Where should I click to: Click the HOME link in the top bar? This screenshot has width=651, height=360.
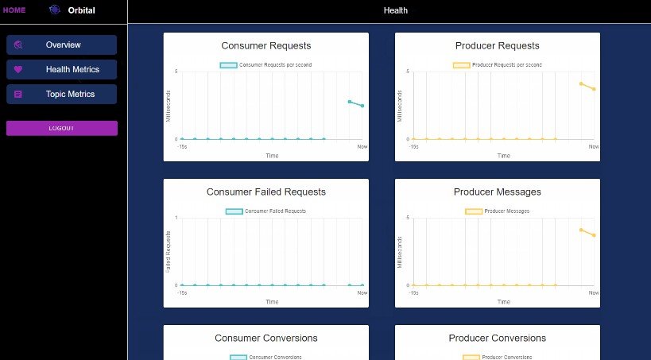[14, 10]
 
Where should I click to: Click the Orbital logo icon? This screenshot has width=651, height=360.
[55, 10]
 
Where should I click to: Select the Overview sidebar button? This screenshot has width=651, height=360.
[62, 45]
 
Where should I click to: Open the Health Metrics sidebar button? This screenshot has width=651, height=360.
[62, 70]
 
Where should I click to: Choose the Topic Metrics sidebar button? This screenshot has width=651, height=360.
[62, 95]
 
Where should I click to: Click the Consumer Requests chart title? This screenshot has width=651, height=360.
[266, 46]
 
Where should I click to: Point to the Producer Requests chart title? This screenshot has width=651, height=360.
[498, 46]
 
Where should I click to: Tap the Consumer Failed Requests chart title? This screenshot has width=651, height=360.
[266, 192]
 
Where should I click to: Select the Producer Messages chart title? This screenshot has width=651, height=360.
[498, 192]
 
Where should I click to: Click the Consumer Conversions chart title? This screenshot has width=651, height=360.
[266, 339]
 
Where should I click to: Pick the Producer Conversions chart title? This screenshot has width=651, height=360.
[498, 339]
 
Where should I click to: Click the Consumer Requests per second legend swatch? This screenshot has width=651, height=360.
[228, 65]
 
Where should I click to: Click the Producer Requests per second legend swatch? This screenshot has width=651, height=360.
[461, 65]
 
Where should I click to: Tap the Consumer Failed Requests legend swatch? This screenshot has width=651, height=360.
[234, 211]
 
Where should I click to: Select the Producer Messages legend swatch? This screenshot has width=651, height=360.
[473, 211]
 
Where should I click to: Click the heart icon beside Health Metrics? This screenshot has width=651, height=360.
[18, 70]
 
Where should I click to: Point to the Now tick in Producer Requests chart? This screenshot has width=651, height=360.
[594, 147]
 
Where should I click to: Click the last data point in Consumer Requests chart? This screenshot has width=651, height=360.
[362, 106]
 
